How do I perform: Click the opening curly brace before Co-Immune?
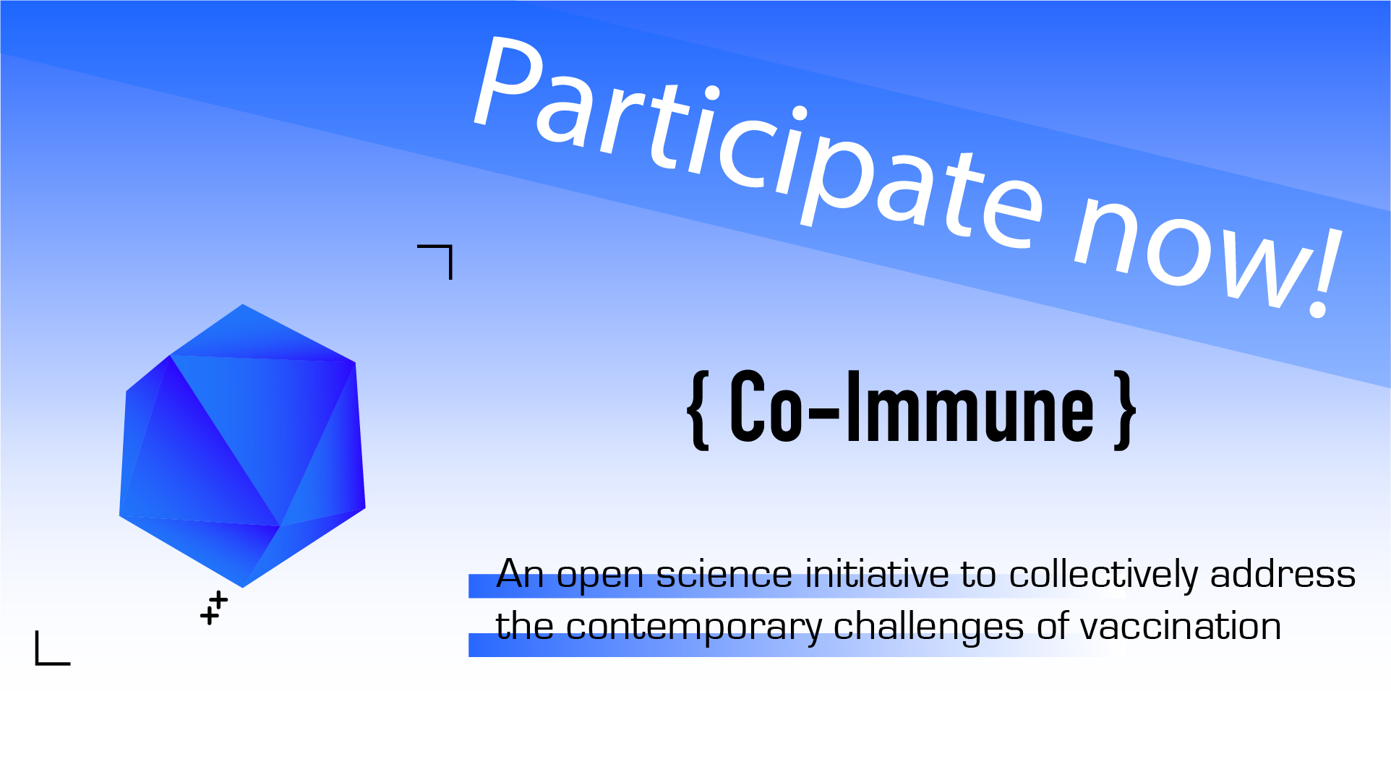[x=698, y=411]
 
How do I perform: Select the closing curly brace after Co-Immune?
[x=1125, y=411]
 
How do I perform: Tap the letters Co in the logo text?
[x=766, y=406]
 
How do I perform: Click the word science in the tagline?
[x=724, y=575]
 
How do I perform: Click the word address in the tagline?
[x=1283, y=574]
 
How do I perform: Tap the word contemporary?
[x=694, y=629]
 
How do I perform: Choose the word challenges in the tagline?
[x=928, y=627]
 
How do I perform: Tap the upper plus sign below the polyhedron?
[x=218, y=600]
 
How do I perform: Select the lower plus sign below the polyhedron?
[x=209, y=616]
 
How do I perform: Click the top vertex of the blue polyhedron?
[x=242, y=304]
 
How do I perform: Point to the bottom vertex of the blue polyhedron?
[x=242, y=588]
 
